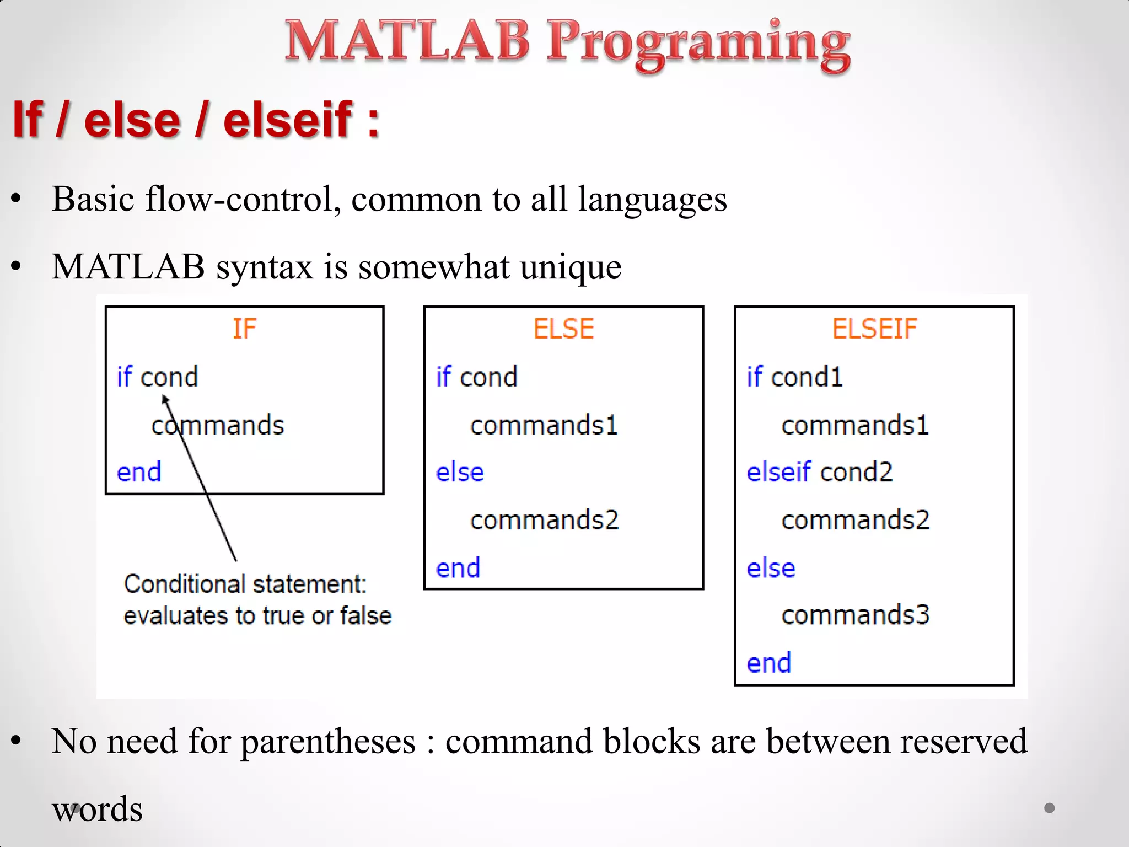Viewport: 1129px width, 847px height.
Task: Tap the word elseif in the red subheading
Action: click(288, 120)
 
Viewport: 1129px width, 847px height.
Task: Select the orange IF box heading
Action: click(244, 329)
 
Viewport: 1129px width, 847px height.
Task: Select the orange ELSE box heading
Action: click(563, 329)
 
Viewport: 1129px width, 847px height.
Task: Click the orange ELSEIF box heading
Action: click(874, 329)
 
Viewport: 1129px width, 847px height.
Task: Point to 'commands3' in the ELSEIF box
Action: click(855, 615)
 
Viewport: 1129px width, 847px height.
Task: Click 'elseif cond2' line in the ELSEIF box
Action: click(819, 473)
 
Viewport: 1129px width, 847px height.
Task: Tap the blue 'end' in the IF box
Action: click(139, 473)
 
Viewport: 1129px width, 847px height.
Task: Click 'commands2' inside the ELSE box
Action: click(544, 520)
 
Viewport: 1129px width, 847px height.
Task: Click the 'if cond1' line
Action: click(794, 378)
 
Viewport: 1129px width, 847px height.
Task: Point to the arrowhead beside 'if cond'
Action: click(165, 400)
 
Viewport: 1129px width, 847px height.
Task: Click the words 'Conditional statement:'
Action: click(245, 585)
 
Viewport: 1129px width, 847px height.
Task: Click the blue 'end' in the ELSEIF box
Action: click(768, 663)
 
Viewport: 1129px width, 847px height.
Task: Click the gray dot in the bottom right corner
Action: click(1050, 808)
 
